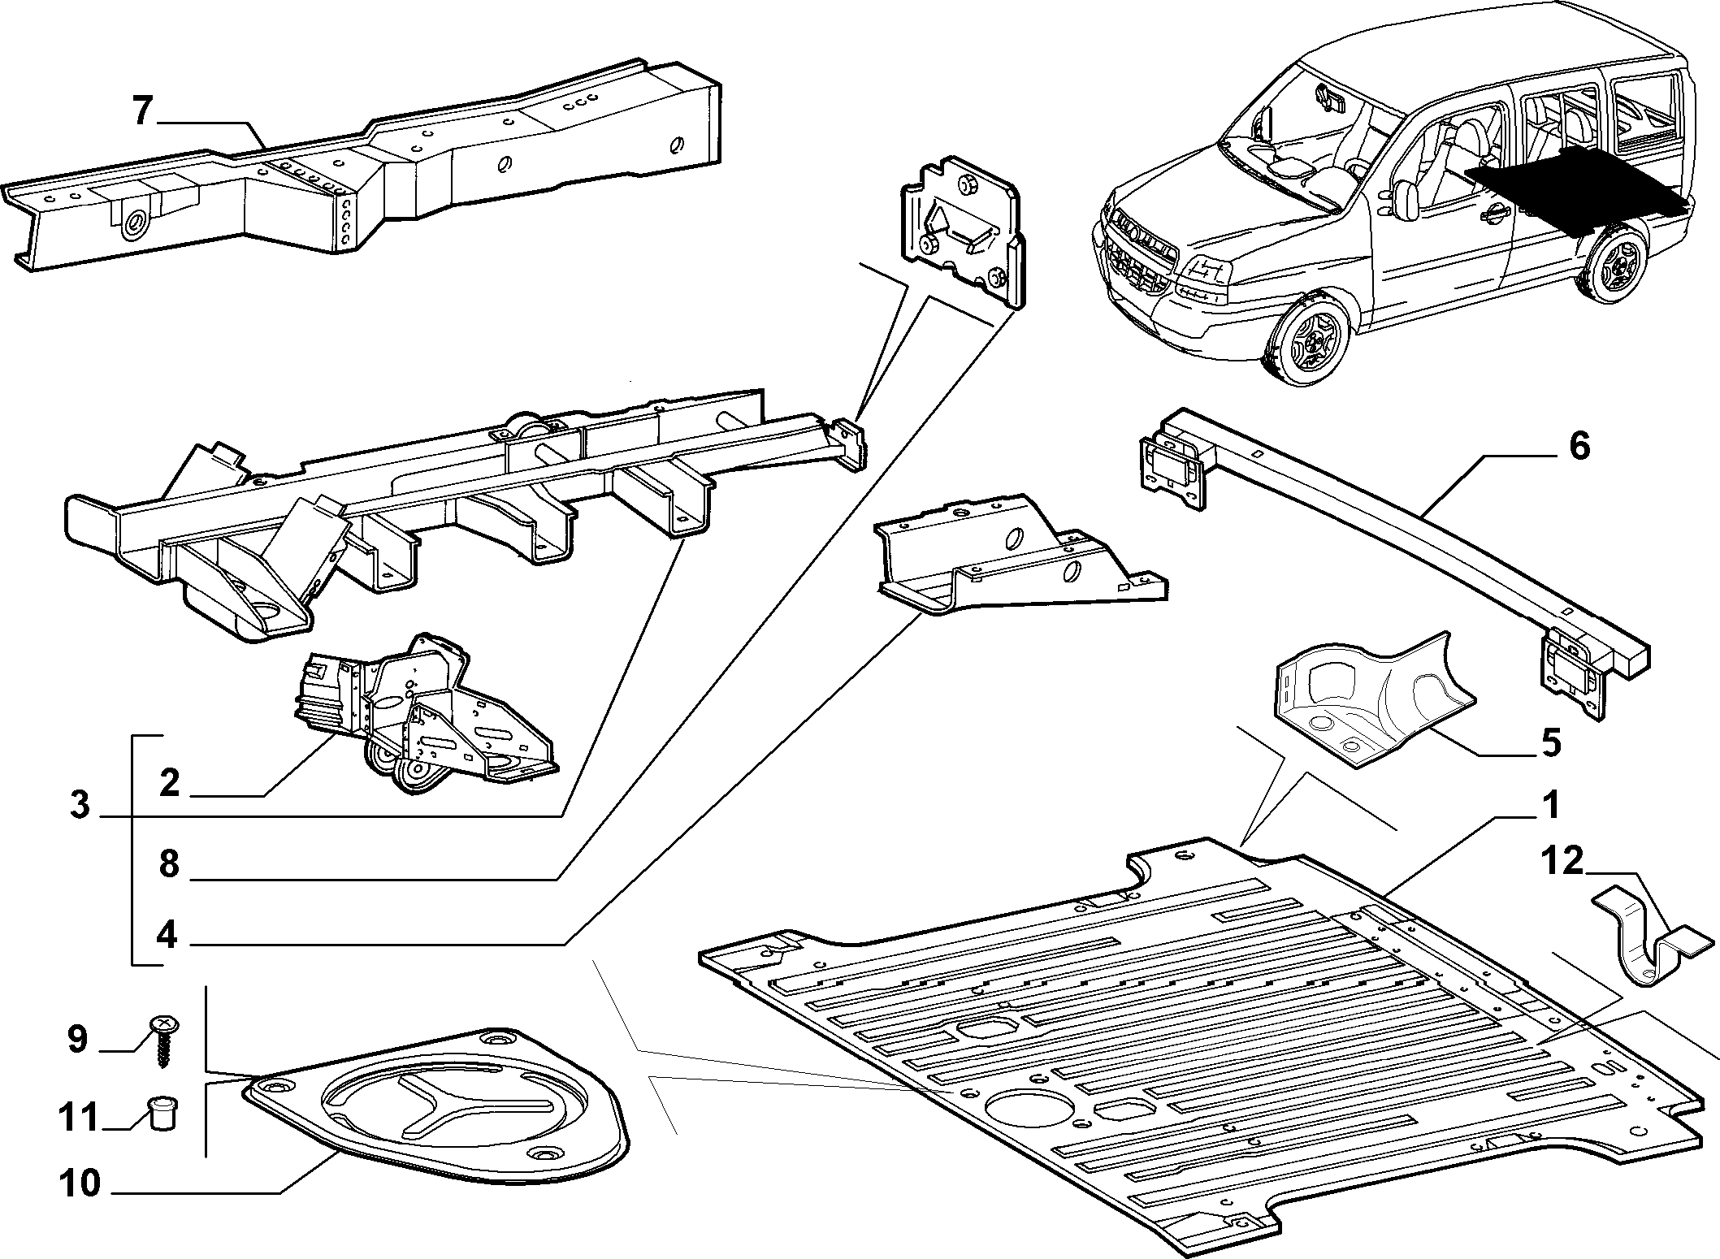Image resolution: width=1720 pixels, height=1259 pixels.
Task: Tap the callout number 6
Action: pyautogui.click(x=1578, y=447)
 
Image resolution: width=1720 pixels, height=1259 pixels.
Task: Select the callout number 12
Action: pyautogui.click(x=1562, y=861)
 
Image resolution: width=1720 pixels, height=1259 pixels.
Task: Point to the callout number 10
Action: pyautogui.click(x=80, y=1184)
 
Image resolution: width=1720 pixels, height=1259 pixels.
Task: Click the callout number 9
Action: pyautogui.click(x=77, y=1039)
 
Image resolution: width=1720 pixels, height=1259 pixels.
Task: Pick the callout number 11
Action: pyautogui.click(x=80, y=1118)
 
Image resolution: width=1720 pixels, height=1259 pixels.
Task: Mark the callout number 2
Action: pyautogui.click(x=169, y=783)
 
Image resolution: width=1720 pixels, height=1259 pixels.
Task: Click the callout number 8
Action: pyautogui.click(x=168, y=864)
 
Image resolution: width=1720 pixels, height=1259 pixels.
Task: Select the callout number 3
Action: pyautogui.click(x=79, y=807)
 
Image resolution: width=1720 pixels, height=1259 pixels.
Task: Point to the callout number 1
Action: pyautogui.click(x=1550, y=807)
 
